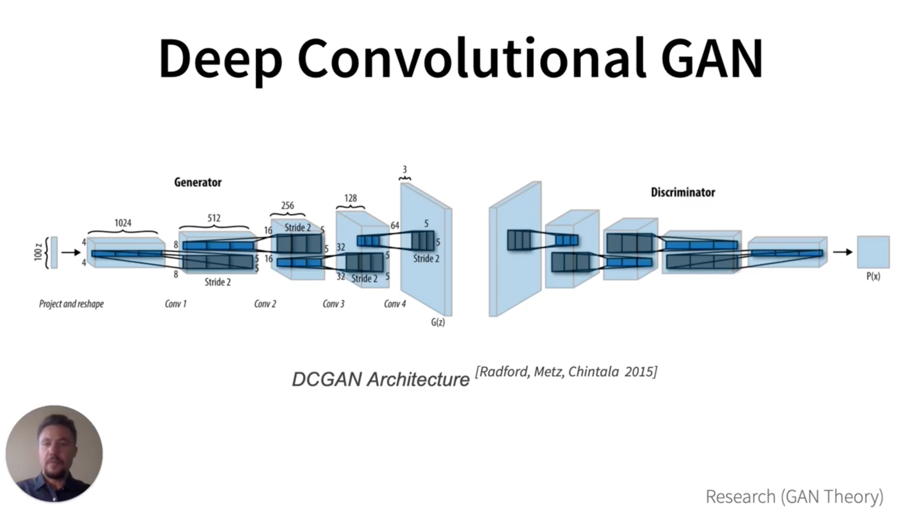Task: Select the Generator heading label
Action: [x=198, y=182]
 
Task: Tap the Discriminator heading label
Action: [x=683, y=192]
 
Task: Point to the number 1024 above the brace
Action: [x=123, y=223]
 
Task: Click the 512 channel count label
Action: [x=214, y=218]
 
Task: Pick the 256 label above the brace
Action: [x=287, y=205]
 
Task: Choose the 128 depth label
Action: [x=351, y=198]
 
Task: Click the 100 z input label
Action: [x=38, y=252]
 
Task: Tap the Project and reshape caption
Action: [x=71, y=304]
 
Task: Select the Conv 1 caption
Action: [x=175, y=304]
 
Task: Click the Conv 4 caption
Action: [x=395, y=304]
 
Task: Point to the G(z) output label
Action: [x=438, y=322]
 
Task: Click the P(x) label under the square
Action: [x=873, y=276]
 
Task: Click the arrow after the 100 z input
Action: [x=71, y=252]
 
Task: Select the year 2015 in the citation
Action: [x=641, y=372]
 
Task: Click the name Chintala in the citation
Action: [x=593, y=372]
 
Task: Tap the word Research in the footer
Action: [x=740, y=496]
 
